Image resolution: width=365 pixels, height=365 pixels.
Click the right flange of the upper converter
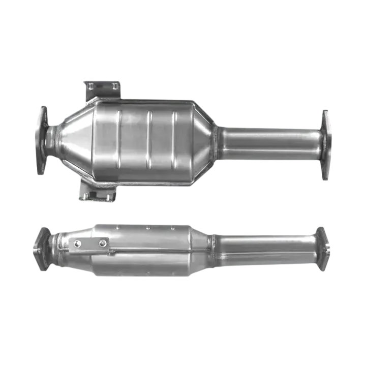327,145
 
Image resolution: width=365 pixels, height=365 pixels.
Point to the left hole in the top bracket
92,87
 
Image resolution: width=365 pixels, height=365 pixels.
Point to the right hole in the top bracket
115,87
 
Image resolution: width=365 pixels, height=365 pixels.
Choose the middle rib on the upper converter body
149,140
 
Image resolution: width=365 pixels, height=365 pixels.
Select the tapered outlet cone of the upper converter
203,140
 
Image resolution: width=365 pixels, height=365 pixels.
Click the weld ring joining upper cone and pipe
216,142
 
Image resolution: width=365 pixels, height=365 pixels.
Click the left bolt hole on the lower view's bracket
78,244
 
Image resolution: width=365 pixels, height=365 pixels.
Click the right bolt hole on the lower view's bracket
103,244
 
